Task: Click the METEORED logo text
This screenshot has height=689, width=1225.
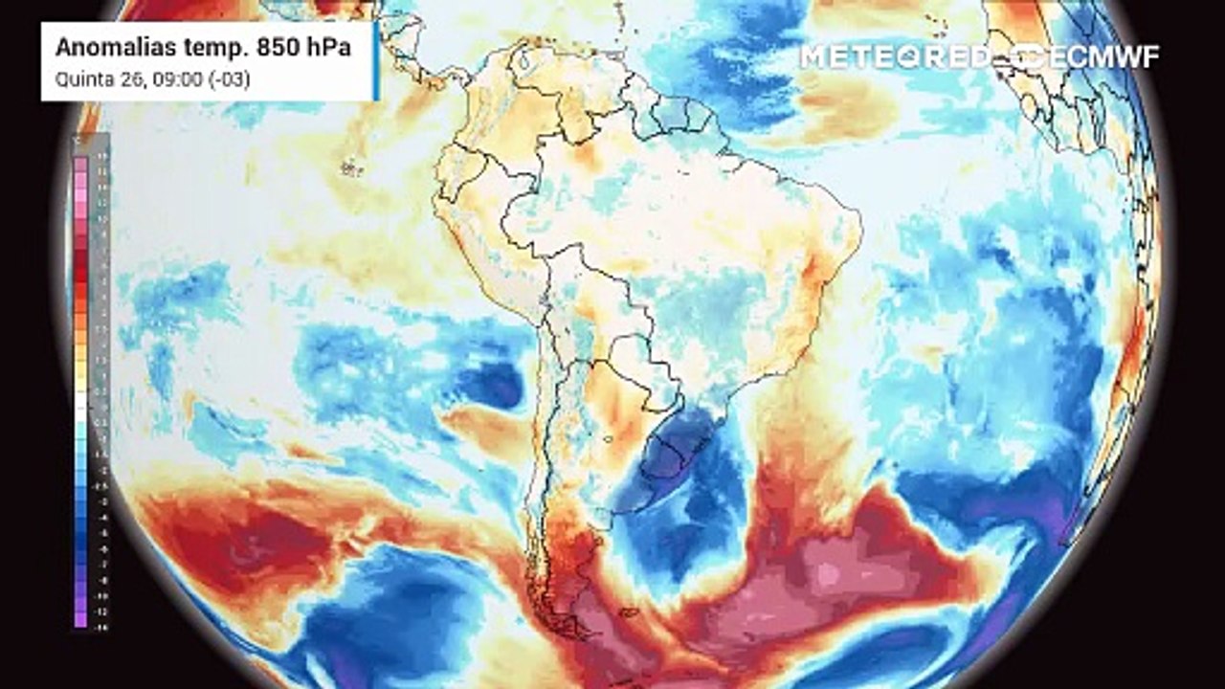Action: coord(896,56)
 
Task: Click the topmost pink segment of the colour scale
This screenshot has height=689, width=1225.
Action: coord(81,164)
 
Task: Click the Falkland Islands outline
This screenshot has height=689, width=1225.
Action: coord(627,612)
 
